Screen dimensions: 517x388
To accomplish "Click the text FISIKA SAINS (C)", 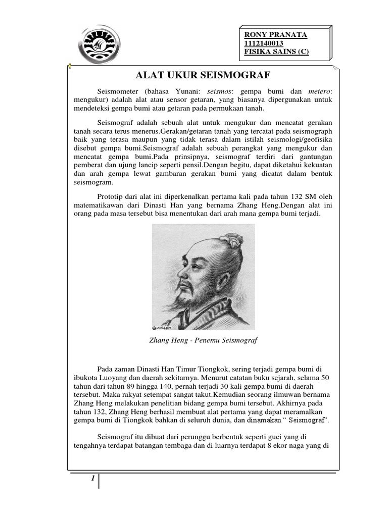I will click(276, 52).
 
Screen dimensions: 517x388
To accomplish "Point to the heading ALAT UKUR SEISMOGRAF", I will click(204, 76).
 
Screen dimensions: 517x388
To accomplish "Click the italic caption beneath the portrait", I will click(204, 340).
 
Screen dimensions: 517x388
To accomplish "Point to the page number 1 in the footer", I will click(93, 480).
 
